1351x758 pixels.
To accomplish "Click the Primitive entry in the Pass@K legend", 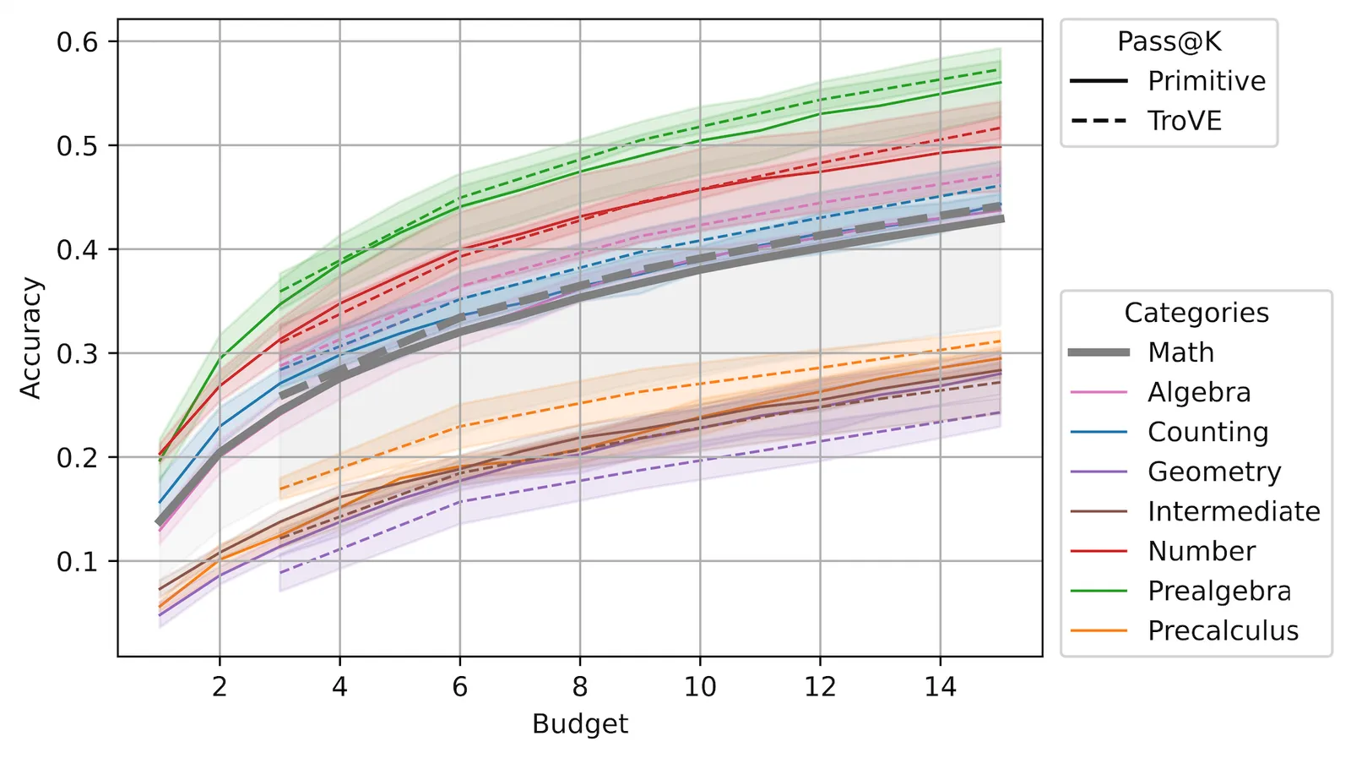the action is click(1168, 81).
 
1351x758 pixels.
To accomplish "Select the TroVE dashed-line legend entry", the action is click(1146, 121).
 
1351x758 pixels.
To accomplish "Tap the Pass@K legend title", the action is click(1169, 41).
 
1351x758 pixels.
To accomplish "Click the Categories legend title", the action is click(1196, 313).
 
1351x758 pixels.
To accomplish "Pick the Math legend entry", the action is click(1142, 352).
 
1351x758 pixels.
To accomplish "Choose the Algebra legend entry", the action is click(1160, 392).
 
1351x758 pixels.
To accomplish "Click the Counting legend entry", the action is click(1169, 432).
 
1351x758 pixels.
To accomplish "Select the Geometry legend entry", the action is click(1175, 472).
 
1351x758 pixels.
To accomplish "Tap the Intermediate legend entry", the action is click(1195, 512).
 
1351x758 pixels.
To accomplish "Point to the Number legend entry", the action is click(1162, 551).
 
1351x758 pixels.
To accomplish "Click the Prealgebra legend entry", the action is click(1180, 591).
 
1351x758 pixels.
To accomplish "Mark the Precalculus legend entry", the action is click(1184, 630).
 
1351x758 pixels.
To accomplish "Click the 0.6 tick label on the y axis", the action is click(77, 42).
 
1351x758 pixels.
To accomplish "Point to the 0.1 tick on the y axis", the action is click(77, 562).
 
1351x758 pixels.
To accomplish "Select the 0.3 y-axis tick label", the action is click(77, 354).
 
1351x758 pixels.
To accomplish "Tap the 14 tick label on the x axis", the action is click(940, 686).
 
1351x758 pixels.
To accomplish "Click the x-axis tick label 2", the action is click(220, 686).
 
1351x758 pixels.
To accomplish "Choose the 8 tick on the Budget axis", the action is click(579, 686).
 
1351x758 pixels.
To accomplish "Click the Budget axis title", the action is click(580, 723).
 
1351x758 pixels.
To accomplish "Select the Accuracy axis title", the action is click(30, 338).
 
